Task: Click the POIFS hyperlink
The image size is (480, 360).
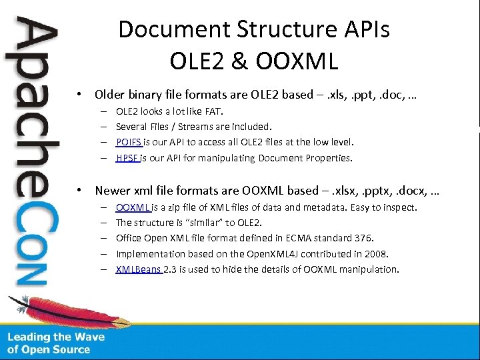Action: [x=128, y=142]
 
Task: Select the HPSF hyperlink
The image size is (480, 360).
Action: [x=127, y=158]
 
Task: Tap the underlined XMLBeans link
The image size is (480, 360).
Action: [x=138, y=269]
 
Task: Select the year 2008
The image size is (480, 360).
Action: [x=376, y=253]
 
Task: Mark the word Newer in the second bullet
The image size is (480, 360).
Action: [x=113, y=191]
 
